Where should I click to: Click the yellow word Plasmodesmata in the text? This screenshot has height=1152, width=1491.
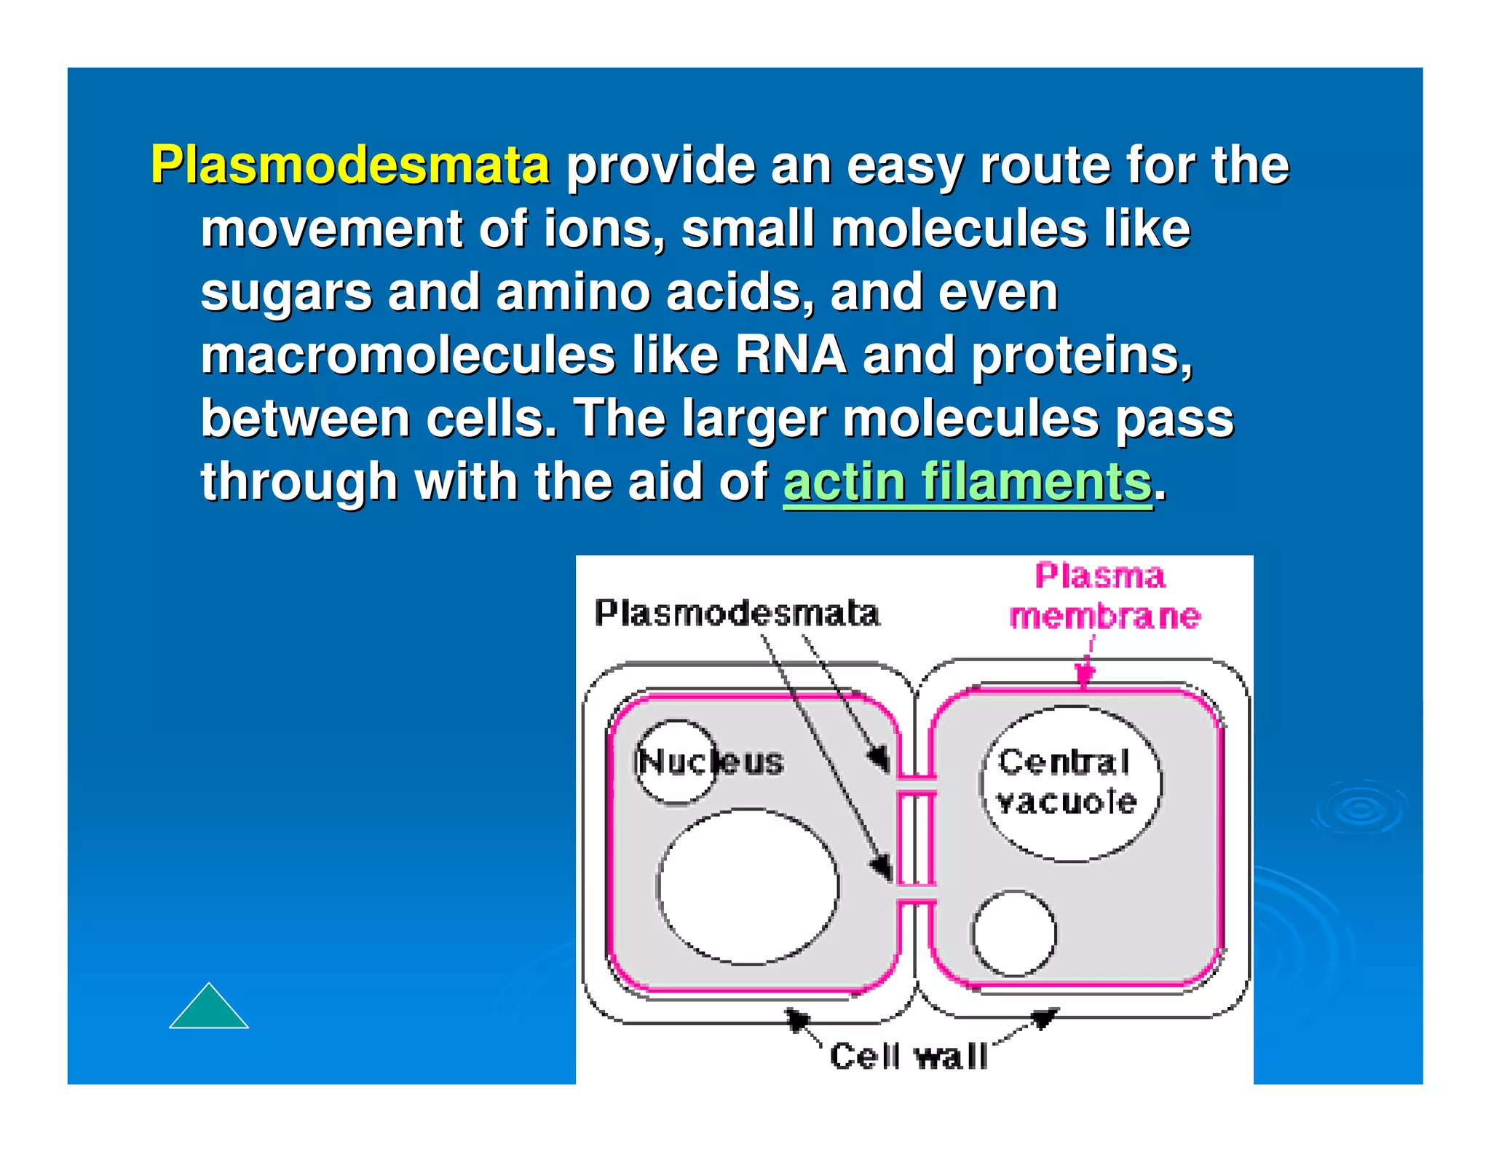click(x=349, y=165)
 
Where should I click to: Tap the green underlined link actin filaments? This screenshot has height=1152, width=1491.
click(x=968, y=482)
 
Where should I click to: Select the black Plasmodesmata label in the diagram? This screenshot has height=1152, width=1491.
click(x=737, y=613)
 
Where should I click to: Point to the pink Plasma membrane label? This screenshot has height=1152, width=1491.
click(x=1104, y=596)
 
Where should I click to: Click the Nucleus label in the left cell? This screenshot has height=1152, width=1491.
click(x=711, y=762)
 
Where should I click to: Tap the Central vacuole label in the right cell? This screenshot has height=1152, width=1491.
click(x=1067, y=782)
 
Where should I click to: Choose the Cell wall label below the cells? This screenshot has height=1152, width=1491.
click(x=909, y=1057)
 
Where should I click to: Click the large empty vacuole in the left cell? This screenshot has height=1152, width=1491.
click(x=748, y=886)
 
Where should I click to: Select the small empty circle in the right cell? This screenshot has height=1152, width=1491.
click(x=1013, y=933)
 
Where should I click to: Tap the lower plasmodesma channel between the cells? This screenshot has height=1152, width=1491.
click(x=916, y=894)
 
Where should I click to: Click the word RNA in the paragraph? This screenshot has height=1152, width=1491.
click(x=790, y=355)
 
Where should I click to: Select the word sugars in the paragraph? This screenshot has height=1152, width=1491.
click(x=286, y=293)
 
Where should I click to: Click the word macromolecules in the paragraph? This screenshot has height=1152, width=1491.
click(x=408, y=355)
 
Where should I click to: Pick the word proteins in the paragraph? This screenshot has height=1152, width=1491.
click(x=1081, y=355)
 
